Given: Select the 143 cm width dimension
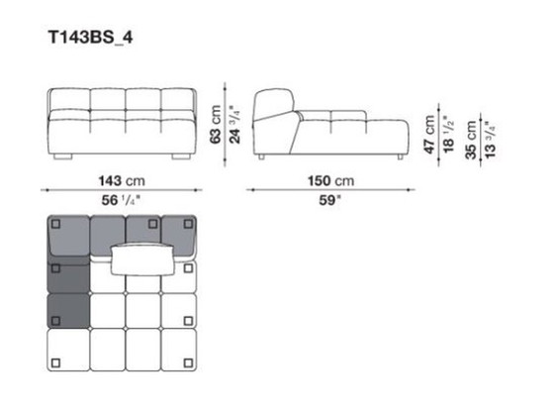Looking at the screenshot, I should tap(121, 181).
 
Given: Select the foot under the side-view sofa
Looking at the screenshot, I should tap(397, 156).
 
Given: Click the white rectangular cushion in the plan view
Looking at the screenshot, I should tap(143, 258).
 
